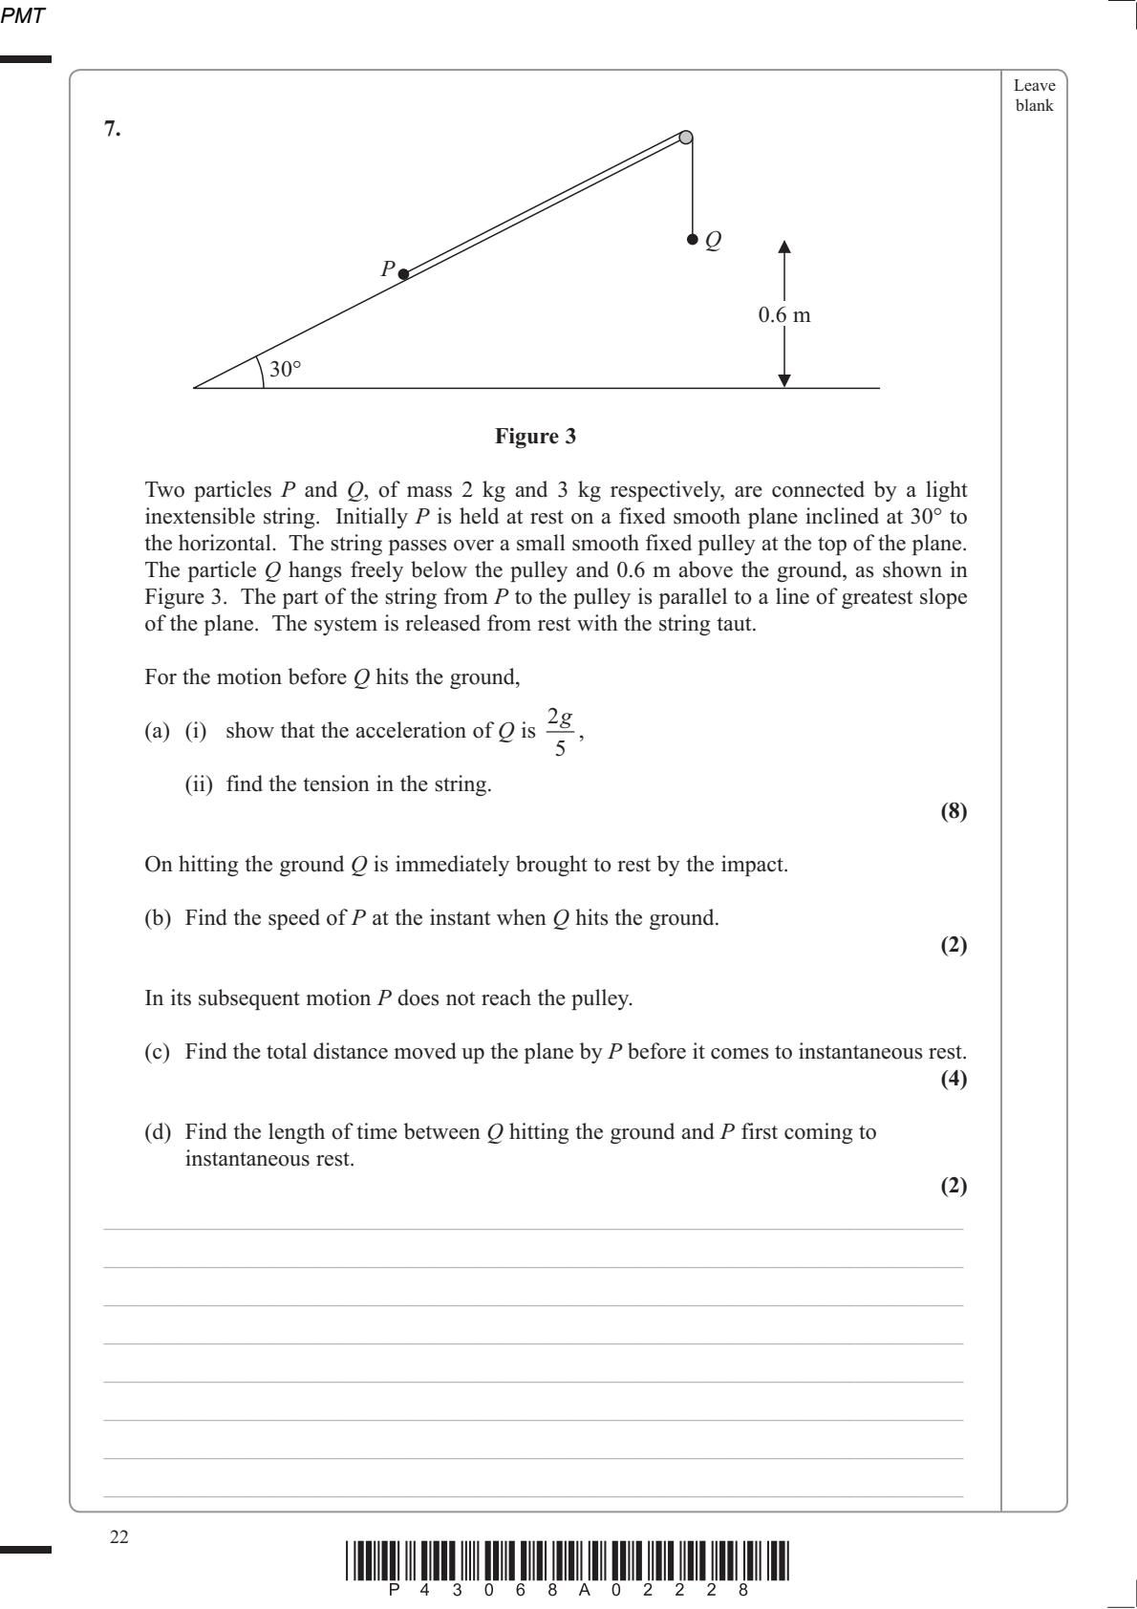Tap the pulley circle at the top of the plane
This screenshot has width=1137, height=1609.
pyautogui.click(x=686, y=138)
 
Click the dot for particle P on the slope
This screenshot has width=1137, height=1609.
pyautogui.click(x=403, y=274)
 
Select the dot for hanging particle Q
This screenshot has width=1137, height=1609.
pyautogui.click(x=692, y=239)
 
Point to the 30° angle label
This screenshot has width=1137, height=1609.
pyautogui.click(x=285, y=370)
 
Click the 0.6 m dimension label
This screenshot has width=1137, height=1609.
pyautogui.click(x=784, y=315)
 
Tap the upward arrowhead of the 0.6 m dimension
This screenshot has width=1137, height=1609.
pyautogui.click(x=784, y=247)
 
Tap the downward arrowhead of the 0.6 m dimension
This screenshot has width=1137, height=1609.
pyautogui.click(x=784, y=380)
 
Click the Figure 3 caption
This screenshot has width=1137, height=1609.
pyautogui.click(x=535, y=437)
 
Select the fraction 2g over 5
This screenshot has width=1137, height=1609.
pyautogui.click(x=560, y=732)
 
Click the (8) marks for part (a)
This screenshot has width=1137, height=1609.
pyautogui.click(x=954, y=811)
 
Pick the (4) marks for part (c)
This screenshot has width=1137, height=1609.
pyautogui.click(x=954, y=1079)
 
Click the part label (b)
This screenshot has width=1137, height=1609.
pyautogui.click(x=158, y=918)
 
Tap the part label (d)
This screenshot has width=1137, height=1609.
pyautogui.click(x=158, y=1132)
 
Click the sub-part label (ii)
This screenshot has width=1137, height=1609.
pyautogui.click(x=199, y=784)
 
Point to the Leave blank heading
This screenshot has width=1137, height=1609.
pyautogui.click(x=1034, y=96)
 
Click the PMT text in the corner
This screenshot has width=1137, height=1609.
pyautogui.click(x=24, y=15)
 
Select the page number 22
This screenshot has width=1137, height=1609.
pyautogui.click(x=118, y=1537)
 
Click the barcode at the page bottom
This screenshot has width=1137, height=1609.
pyautogui.click(x=568, y=1561)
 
